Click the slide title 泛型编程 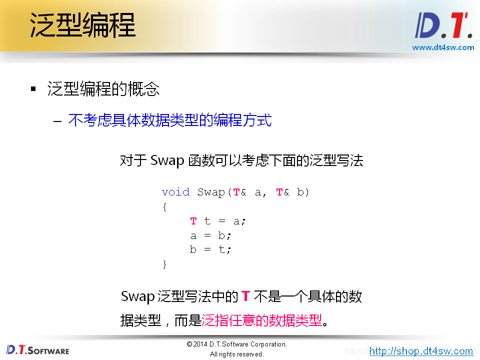tap(82, 25)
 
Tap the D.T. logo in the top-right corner tap(443, 26)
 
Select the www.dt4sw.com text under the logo tap(442, 47)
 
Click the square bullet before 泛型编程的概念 tap(33, 89)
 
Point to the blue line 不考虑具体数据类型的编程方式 tap(170, 120)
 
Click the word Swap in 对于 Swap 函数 tap(167, 161)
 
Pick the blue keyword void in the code tap(175, 192)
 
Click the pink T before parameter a tap(236, 192)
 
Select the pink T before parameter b tap(279, 192)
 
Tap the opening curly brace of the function tap(164, 206)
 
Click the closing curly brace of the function tap(164, 264)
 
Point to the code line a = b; tap(210, 235)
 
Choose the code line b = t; tap(210, 249)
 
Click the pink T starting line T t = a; tap(193, 221)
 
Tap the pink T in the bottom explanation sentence tap(245, 296)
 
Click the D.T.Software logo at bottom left tap(38, 349)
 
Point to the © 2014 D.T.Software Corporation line tap(236, 344)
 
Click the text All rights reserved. tap(236, 354)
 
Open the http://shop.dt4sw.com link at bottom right tap(421, 351)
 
